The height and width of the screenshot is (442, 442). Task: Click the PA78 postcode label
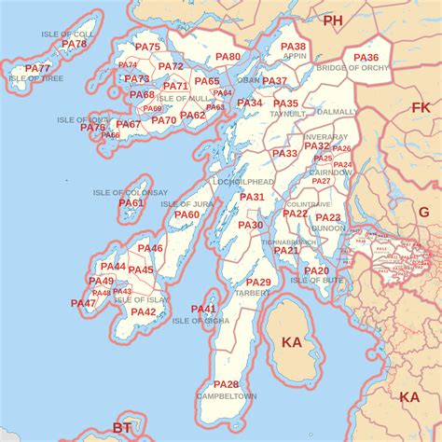[74, 44]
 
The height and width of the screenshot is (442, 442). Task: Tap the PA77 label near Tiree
[38, 69]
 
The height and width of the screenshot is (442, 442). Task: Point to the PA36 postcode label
[366, 58]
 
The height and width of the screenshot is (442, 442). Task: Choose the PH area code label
[333, 20]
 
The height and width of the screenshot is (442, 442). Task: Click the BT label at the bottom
[122, 428]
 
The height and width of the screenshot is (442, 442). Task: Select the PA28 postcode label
[227, 384]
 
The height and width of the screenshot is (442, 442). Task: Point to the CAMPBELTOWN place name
[227, 396]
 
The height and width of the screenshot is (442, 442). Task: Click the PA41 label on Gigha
[203, 310]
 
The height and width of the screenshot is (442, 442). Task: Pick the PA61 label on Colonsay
[132, 203]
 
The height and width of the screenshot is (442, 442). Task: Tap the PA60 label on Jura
[186, 214]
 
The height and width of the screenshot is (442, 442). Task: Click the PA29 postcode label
[258, 283]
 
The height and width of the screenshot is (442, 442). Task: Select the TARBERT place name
[252, 293]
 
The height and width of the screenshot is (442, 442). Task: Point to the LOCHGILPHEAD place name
[243, 182]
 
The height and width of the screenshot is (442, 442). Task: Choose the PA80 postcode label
[228, 57]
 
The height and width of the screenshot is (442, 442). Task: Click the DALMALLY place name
[338, 111]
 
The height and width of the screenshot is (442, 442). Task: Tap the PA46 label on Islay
[150, 249]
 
